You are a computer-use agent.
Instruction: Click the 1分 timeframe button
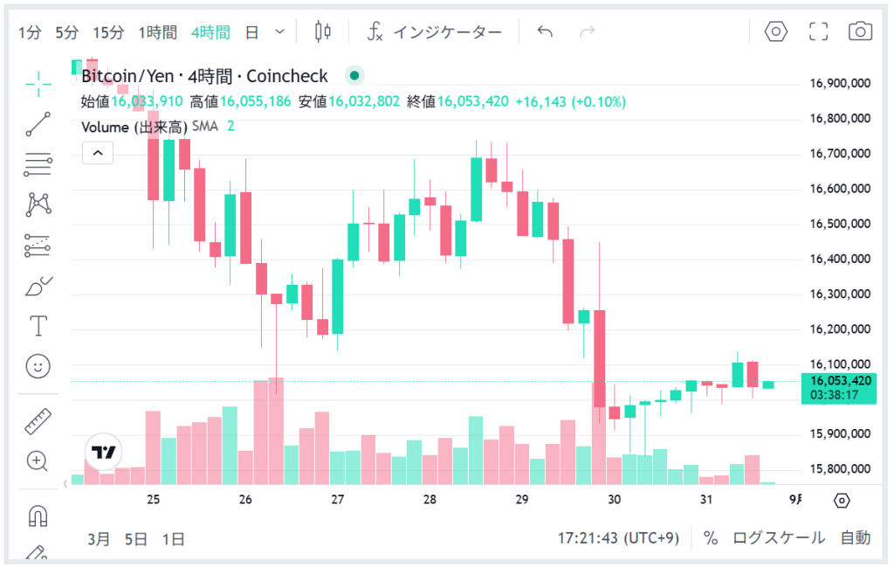tap(30, 32)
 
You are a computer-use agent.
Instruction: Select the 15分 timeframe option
tap(108, 32)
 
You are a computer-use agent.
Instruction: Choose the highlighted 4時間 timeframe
tap(210, 32)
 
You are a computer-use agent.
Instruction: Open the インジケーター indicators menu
tap(434, 32)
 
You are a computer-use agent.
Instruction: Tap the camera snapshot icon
tap(860, 32)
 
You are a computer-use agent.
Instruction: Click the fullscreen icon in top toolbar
tap(818, 32)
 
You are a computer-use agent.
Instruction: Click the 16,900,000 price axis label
tap(841, 84)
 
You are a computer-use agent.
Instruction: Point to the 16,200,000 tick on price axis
tap(841, 329)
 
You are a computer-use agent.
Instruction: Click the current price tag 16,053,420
tap(841, 381)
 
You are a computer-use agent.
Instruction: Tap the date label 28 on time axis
tap(430, 500)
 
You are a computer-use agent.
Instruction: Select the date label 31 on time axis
tap(706, 500)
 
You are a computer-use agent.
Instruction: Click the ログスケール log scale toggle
tap(778, 538)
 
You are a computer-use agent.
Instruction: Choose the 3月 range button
tap(100, 539)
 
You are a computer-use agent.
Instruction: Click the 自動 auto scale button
tap(856, 538)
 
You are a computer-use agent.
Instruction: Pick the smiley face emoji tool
tap(38, 366)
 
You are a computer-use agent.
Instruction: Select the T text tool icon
tap(38, 326)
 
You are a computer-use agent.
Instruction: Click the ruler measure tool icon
tap(38, 422)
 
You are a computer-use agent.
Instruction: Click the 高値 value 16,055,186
tap(255, 101)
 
